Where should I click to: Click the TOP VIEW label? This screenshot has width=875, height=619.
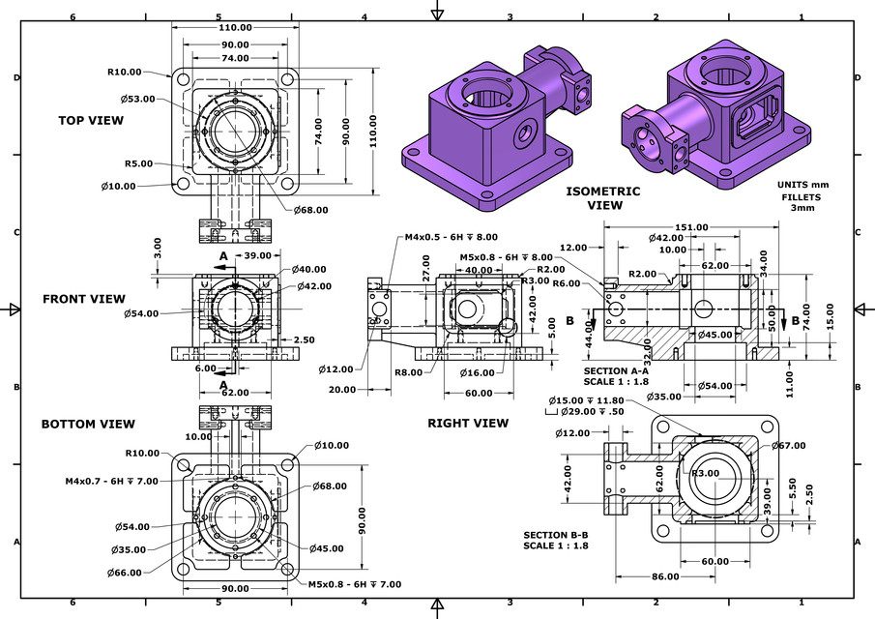tap(91, 120)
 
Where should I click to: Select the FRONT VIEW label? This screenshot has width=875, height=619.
tap(84, 299)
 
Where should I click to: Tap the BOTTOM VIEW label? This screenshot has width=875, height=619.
tap(88, 424)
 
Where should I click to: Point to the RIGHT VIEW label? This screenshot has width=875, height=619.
tap(468, 423)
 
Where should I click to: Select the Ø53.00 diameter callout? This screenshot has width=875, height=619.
tap(139, 99)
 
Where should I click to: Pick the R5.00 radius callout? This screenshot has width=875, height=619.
tap(138, 163)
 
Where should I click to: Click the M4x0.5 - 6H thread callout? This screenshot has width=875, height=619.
tap(451, 237)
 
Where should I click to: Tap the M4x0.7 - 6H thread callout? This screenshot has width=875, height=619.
tap(111, 481)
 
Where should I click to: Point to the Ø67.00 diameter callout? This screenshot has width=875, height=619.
tap(789, 446)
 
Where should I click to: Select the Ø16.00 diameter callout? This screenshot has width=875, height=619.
tap(477, 371)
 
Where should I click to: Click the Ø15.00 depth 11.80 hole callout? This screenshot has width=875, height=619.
tap(584, 400)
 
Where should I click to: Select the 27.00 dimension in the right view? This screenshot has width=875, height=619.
tap(426, 274)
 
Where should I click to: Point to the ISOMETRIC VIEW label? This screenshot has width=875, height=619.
tap(603, 198)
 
